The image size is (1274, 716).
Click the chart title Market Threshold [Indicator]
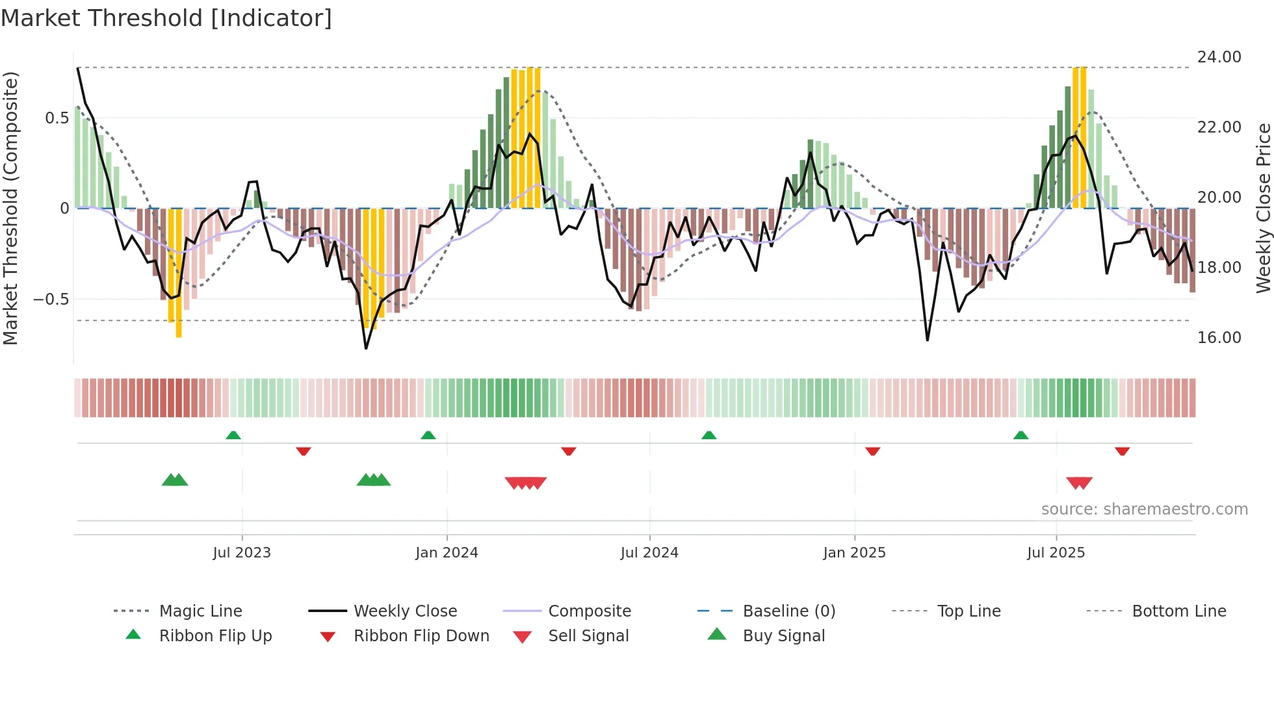[x=166, y=18]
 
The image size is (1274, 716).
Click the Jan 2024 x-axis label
[x=447, y=553]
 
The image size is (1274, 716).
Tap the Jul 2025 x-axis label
[x=1056, y=553]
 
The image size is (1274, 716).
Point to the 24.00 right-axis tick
[x=1219, y=57]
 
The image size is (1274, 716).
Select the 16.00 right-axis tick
[x=1219, y=337]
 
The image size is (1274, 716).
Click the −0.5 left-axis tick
[x=51, y=300]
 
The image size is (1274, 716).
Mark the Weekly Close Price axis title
[x=1263, y=208]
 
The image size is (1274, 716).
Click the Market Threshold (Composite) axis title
[x=10, y=208]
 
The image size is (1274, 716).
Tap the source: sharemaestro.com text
[x=1144, y=509]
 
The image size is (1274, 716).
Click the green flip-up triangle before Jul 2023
[x=233, y=435]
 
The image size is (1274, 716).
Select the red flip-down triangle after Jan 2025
[x=872, y=451]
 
